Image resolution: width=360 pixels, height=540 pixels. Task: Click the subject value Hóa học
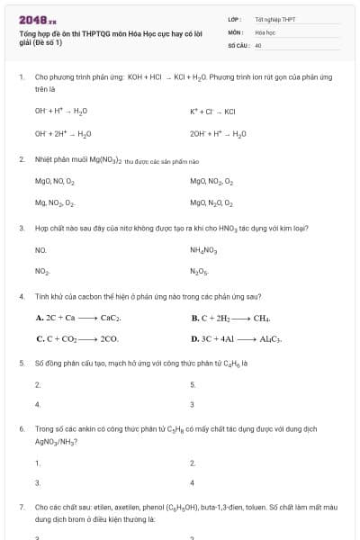[265, 31]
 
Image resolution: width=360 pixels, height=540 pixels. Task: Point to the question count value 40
[258, 43]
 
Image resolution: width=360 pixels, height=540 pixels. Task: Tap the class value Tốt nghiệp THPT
[274, 18]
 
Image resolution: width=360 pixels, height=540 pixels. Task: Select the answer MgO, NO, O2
[56, 181]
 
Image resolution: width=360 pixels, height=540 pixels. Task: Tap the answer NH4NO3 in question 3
[204, 249]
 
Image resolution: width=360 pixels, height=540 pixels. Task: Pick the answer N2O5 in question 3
[199, 271]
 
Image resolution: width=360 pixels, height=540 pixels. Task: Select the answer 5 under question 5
[193, 384]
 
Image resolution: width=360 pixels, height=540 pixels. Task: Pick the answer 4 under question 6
[193, 484]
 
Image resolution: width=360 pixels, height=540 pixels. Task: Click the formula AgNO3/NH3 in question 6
[54, 441]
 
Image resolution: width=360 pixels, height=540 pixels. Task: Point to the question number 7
[21, 508]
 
